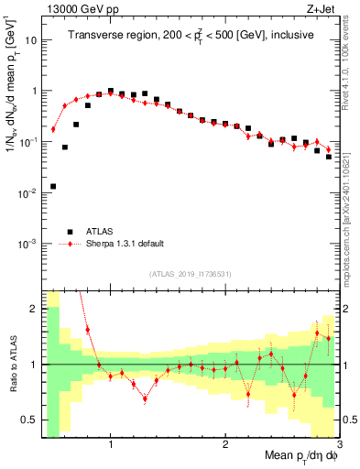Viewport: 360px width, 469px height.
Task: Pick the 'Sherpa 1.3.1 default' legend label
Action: (127, 244)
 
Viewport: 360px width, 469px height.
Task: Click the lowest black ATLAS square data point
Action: (53, 186)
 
